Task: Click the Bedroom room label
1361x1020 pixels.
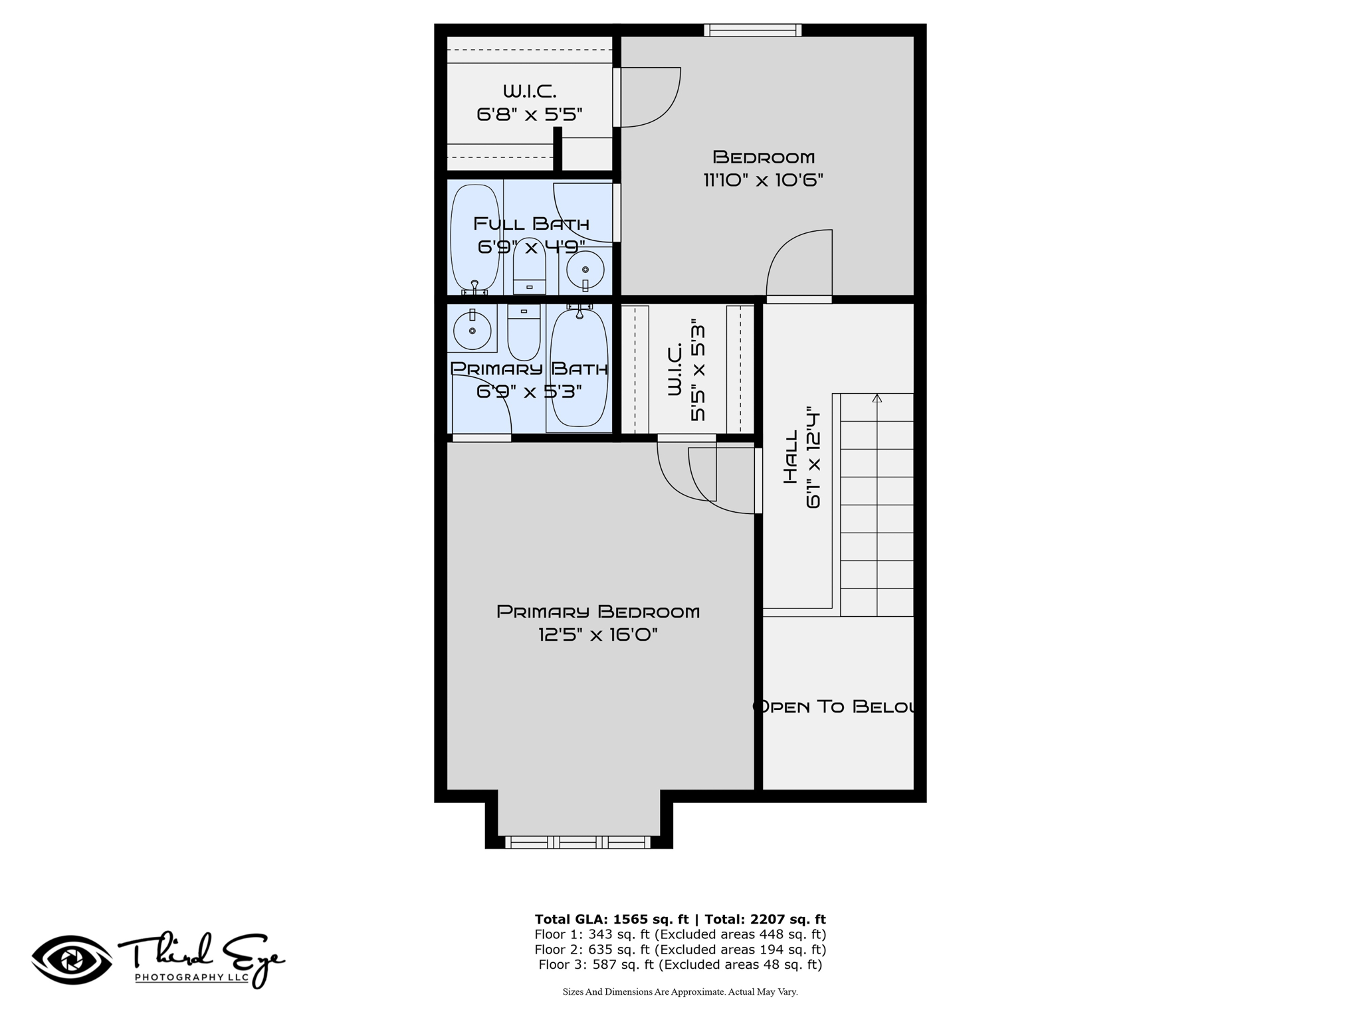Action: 764,157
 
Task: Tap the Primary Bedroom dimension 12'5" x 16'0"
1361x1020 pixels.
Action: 598,635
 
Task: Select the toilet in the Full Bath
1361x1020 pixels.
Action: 530,266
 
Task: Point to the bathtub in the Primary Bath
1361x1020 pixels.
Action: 579,369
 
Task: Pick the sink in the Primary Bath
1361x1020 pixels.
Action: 472,329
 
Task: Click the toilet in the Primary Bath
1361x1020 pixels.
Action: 524,332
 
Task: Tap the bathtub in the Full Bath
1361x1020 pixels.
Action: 474,238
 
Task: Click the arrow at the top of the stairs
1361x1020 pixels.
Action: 877,398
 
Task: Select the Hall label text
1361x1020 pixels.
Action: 790,457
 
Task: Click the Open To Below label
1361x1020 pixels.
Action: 835,707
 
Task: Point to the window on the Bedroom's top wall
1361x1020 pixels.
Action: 753,30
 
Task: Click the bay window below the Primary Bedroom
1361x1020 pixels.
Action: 578,842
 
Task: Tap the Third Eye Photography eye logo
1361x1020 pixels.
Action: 72,960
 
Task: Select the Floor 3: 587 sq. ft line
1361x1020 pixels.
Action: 680,965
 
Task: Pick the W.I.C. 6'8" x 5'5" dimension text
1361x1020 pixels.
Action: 530,115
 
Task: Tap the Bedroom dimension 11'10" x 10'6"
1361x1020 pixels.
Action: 764,180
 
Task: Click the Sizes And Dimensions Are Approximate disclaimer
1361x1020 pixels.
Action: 680,992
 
